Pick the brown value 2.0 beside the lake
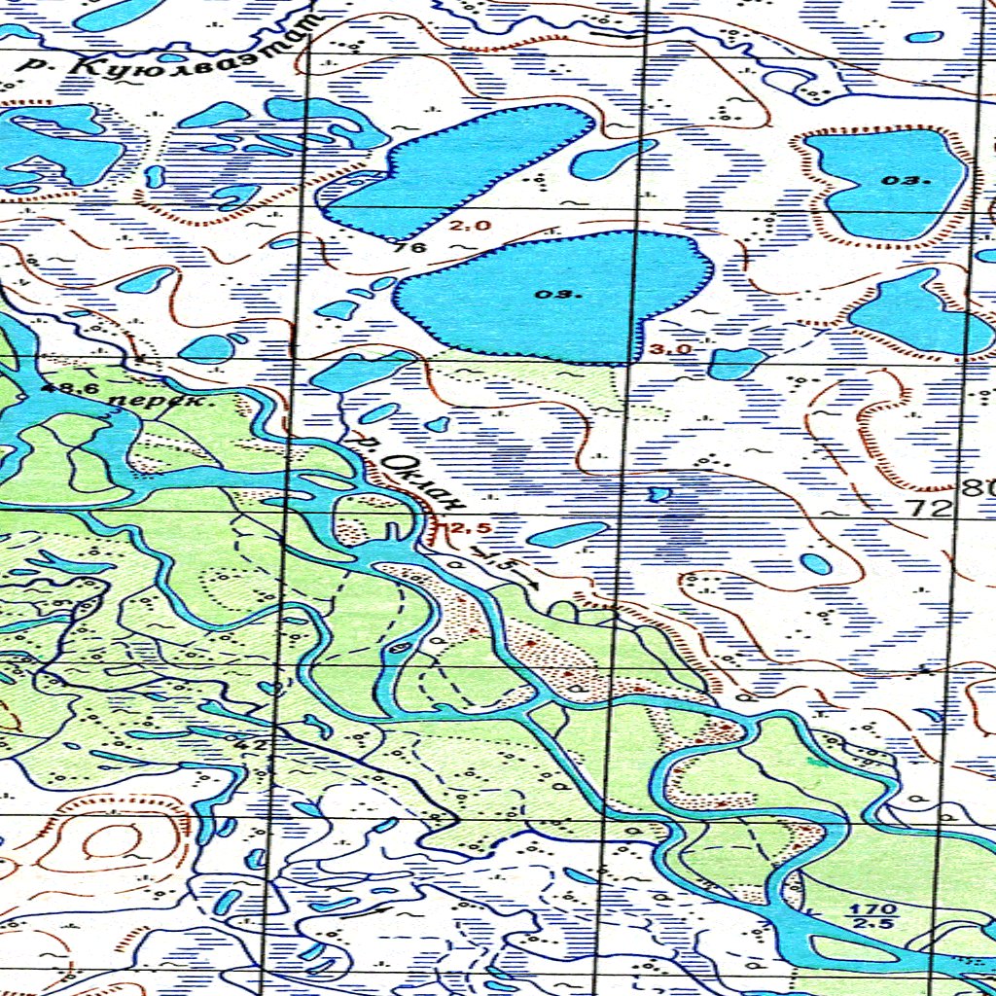[x=472, y=226]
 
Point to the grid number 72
[x=925, y=506]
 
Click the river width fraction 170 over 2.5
[x=859, y=915]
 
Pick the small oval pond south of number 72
[x=815, y=563]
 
